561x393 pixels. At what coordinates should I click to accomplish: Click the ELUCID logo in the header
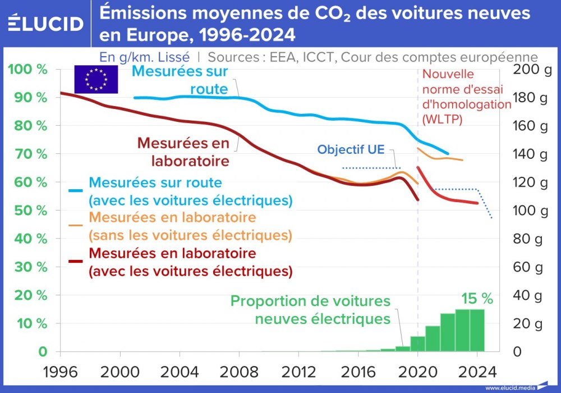click(46, 24)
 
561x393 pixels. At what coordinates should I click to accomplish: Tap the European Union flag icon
click(96, 79)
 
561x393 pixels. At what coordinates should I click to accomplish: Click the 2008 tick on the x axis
click(239, 372)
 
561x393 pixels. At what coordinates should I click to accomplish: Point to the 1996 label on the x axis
click(60, 372)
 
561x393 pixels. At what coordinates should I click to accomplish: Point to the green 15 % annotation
click(477, 299)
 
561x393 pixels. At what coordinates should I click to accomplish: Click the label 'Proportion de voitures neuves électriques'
click(310, 310)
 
